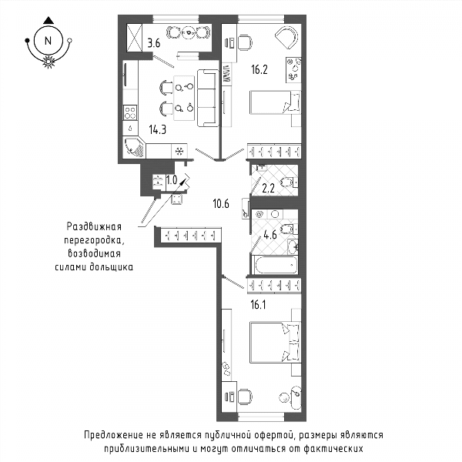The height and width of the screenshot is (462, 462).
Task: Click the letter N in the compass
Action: pos(48,41)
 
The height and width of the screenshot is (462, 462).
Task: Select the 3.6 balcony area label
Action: pos(154,43)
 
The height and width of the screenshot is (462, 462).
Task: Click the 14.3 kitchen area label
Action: pos(158,129)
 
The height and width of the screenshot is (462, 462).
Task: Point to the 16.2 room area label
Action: pos(259,70)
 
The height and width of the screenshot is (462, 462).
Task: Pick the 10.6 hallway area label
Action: pos(221,203)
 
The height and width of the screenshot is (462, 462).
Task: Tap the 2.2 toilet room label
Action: pos(269,188)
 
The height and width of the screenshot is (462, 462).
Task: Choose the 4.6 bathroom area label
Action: pos(270,235)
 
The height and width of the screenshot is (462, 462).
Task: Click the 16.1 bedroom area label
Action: pos(258,305)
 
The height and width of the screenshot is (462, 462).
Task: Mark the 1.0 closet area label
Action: pos(172,179)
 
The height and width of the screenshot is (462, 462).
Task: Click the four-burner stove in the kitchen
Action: pos(130,112)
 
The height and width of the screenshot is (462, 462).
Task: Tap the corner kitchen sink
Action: pos(134,147)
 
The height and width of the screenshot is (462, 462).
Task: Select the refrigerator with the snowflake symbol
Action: pos(179,151)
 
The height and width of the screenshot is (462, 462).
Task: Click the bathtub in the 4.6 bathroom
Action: pos(276,265)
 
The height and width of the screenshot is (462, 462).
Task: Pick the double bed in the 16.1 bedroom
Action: pos(275,342)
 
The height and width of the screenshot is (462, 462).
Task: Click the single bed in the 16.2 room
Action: pos(275,102)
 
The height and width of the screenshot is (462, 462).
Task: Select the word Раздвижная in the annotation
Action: pos(94,226)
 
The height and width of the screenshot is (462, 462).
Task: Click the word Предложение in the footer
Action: pos(113,436)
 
